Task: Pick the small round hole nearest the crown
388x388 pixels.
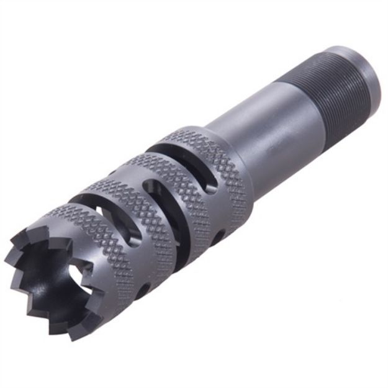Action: click(x=144, y=288)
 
